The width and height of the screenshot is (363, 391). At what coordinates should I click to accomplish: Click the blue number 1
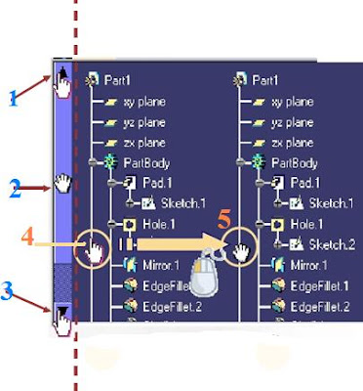13,98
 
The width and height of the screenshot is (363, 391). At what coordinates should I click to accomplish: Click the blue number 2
15,189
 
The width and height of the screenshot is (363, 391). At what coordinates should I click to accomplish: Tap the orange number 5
224,223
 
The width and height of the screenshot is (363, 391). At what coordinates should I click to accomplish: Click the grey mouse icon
203,276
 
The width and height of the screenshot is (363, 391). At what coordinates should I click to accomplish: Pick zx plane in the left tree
141,142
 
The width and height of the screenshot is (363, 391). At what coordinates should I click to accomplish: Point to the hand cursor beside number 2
64,183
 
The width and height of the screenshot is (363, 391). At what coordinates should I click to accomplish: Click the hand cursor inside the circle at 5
242,252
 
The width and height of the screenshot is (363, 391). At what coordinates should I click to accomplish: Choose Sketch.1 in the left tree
177,203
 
